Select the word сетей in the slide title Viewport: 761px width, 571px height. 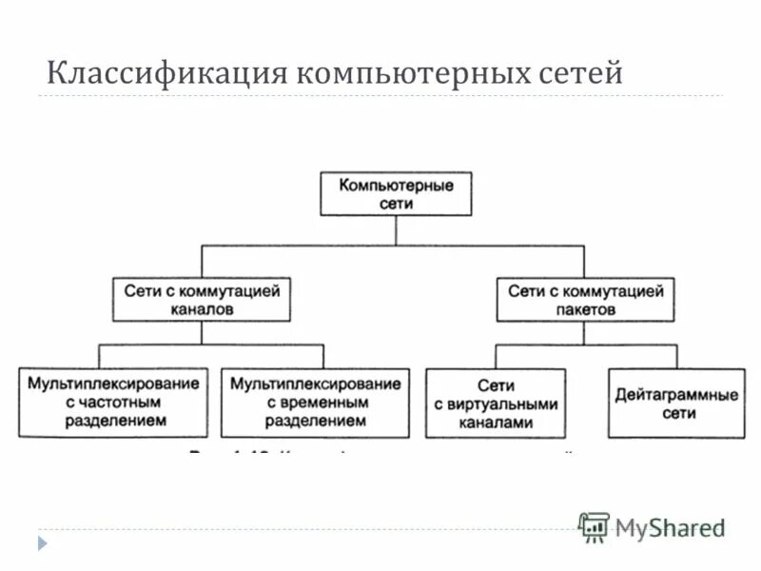click(574, 72)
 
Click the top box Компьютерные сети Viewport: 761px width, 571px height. click(396, 194)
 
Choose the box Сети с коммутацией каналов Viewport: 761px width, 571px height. click(202, 300)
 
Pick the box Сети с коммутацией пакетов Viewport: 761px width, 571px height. click(586, 300)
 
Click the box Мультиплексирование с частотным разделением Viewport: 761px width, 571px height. click(113, 403)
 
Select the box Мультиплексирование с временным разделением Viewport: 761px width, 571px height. click(315, 403)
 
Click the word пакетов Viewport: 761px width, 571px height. click(586, 309)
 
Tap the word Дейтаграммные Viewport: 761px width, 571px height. click(675, 395)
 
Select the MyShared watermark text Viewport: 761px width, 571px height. click(669, 528)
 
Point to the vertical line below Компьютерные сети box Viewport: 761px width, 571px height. click(396, 231)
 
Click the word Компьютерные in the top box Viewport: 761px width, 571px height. click(396, 186)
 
